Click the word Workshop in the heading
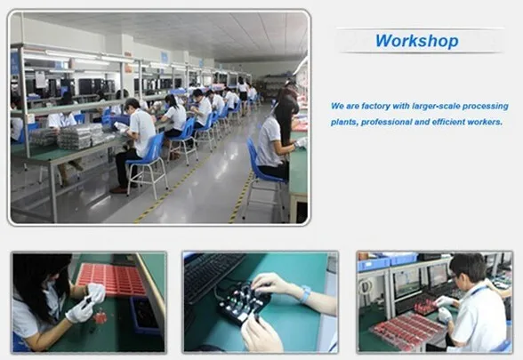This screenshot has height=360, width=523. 417,41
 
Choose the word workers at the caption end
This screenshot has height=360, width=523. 485,122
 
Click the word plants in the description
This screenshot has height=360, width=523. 344,123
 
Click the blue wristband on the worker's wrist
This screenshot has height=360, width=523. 305,294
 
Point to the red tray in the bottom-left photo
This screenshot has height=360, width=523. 112,280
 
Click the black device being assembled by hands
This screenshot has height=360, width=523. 242,302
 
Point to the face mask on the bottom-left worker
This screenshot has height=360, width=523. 50,286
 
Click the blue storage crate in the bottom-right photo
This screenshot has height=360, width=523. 374,264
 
